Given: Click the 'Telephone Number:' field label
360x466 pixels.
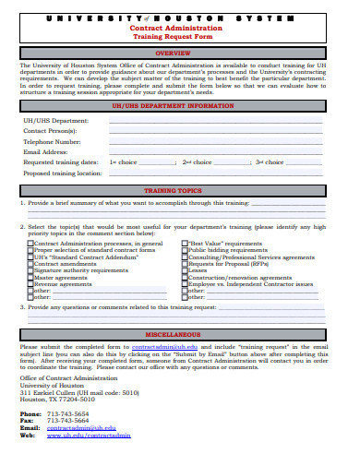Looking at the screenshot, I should [52, 141].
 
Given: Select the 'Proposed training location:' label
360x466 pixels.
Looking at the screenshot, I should [63, 173].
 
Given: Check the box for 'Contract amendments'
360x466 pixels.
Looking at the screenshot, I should [30, 263].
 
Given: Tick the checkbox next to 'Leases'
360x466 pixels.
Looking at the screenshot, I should [184, 269].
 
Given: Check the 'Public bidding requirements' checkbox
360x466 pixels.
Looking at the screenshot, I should [184, 249].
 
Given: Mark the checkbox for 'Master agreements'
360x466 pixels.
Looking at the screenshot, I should [30, 277].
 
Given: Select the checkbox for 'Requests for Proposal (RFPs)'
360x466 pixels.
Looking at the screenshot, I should [184, 263].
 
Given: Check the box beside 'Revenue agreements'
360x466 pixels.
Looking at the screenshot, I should [30, 283].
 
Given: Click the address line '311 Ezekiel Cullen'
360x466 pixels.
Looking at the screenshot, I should [78, 392].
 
